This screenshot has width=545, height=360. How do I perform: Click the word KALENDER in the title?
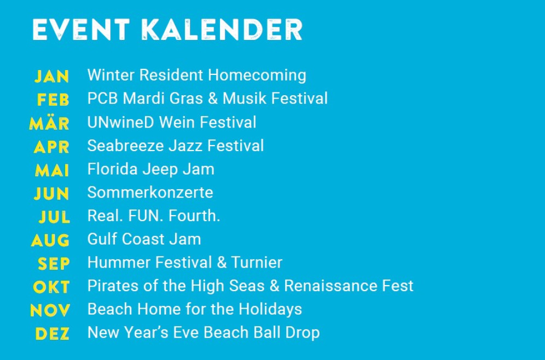(x=222, y=30)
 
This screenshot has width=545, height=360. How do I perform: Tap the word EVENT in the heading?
(x=81, y=30)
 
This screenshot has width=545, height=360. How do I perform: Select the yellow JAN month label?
(x=52, y=77)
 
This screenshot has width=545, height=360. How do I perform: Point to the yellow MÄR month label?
(x=49, y=123)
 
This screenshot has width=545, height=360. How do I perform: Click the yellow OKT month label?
(x=51, y=287)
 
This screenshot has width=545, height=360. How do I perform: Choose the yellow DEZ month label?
(x=52, y=334)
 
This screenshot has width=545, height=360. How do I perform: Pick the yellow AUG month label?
(x=50, y=240)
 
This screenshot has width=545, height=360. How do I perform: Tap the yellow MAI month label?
(x=52, y=170)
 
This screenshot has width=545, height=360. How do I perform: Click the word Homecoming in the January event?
(x=257, y=76)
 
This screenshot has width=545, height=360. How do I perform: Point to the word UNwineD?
(x=120, y=123)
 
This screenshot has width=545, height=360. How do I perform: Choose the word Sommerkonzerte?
(x=150, y=193)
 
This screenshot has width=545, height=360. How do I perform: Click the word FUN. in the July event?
(x=146, y=216)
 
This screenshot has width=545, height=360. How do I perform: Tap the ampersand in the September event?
(x=222, y=263)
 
